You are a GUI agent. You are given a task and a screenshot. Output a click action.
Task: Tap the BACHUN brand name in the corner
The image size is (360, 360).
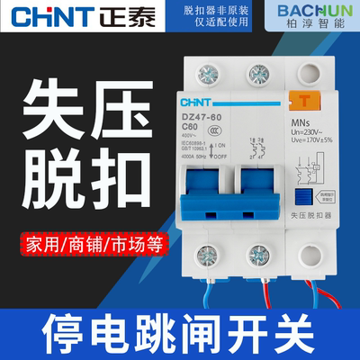pyautogui.click(x=311, y=10)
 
